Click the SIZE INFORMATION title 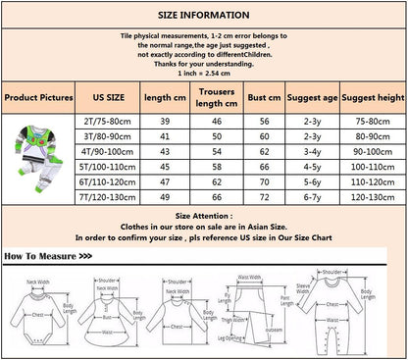click(204, 17)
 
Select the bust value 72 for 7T click(264, 197)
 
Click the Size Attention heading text click(204, 213)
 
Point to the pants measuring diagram click(244, 311)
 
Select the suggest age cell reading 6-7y click(312, 197)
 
